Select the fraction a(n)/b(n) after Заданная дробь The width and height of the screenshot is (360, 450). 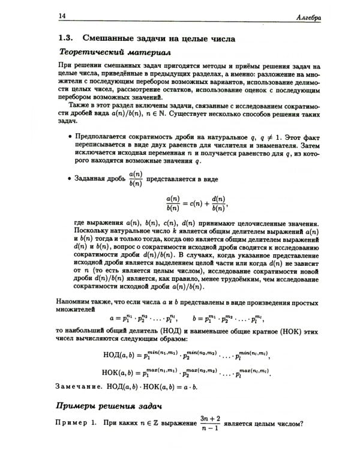coord(136,178)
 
